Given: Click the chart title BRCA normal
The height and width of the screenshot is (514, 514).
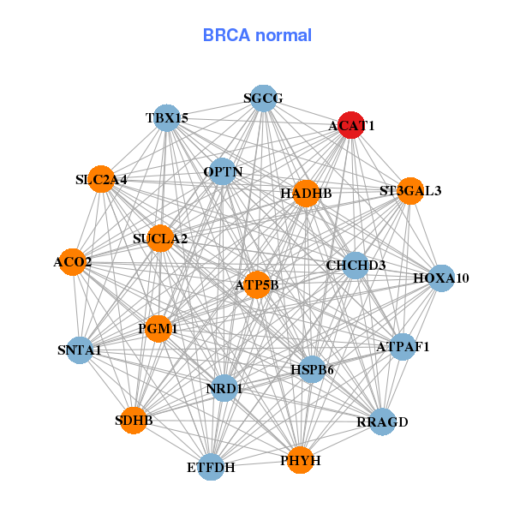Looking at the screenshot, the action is point(257,35).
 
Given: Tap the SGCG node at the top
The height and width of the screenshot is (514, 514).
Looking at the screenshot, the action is point(263,99).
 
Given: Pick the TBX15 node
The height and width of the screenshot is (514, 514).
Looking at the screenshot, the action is point(166,117).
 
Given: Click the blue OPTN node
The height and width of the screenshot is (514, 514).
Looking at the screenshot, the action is point(223,171).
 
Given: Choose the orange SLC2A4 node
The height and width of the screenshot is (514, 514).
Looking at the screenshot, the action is point(101,179).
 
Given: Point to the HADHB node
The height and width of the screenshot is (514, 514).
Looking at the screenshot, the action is point(306,194).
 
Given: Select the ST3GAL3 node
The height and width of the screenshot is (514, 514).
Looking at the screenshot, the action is point(410,190).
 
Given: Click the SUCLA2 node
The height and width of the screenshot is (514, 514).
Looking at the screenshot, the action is point(160,237).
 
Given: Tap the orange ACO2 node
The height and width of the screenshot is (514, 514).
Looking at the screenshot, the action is point(73,261).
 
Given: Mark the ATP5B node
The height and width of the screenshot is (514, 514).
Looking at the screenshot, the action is point(257,284).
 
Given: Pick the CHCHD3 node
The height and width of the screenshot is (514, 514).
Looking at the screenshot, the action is point(356,265).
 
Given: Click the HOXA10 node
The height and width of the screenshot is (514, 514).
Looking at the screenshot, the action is point(440,278).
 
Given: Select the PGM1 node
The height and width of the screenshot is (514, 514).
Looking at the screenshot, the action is point(158,328).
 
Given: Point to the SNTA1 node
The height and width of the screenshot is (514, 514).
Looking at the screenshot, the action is point(80,350).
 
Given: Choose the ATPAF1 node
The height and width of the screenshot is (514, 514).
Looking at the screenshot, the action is point(403,347).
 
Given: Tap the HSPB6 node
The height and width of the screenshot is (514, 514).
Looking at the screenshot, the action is point(312,369).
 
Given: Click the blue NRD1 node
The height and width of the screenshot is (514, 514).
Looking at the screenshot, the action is point(224,388).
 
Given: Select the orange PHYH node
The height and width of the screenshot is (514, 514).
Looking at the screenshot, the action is point(300,460).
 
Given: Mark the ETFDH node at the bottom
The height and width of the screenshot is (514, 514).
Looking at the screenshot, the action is point(211,467).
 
